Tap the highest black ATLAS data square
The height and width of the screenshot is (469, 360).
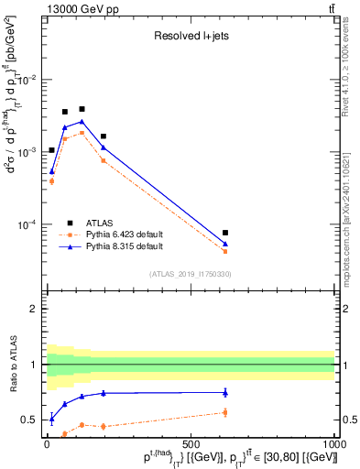coord(82,109)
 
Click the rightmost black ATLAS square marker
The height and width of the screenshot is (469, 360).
coord(225,233)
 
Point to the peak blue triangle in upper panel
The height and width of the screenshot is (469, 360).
coord(82,121)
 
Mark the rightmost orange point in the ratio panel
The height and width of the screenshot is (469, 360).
coord(225,412)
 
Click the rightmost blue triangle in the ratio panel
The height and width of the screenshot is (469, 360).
coord(225,393)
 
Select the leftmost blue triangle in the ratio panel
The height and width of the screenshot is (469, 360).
coord(51,419)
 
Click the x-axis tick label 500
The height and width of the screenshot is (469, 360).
coord(191,443)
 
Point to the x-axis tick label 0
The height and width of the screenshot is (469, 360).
coord(47,443)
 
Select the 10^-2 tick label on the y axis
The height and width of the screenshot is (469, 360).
coord(27,80)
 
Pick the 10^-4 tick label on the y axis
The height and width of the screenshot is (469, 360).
coord(27,224)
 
